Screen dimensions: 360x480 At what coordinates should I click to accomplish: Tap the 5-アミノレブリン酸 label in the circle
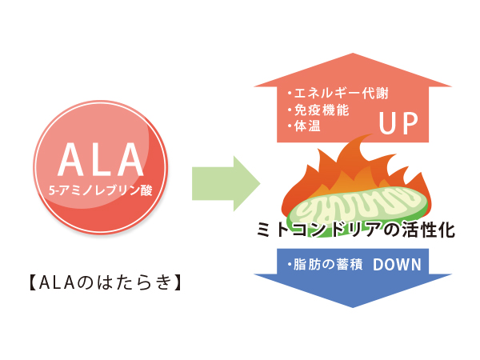[x=100, y=191]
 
